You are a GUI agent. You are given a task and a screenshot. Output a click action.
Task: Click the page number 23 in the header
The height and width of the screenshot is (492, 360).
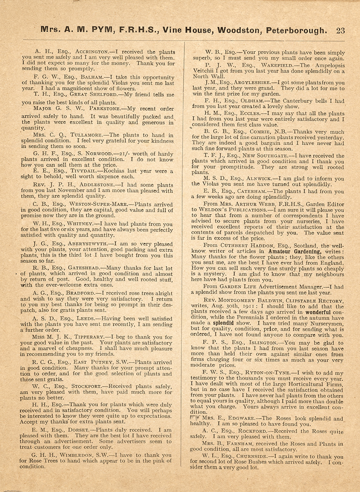click(x=340, y=31)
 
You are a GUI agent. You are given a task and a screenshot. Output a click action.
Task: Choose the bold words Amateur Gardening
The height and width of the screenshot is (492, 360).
click(x=294, y=251)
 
